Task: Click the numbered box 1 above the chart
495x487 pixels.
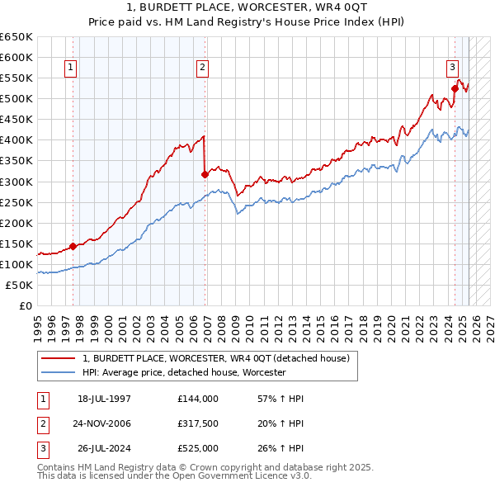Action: tap(71, 69)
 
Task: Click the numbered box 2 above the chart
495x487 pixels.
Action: tap(203, 69)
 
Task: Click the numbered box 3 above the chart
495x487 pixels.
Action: tap(453, 69)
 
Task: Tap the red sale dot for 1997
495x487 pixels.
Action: tap(73, 245)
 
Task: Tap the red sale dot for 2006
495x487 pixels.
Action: tap(205, 174)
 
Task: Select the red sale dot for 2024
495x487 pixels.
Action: tap(455, 88)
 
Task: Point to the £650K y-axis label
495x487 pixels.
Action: tap(16, 37)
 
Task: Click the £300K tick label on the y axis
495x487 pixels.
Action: tap(16, 182)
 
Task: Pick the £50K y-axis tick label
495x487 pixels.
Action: tap(20, 285)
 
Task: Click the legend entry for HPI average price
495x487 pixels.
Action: tap(183, 372)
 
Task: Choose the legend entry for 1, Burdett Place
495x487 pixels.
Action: tap(216, 358)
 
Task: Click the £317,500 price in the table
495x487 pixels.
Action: tap(198, 423)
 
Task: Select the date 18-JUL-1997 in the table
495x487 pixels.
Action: tap(104, 399)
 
